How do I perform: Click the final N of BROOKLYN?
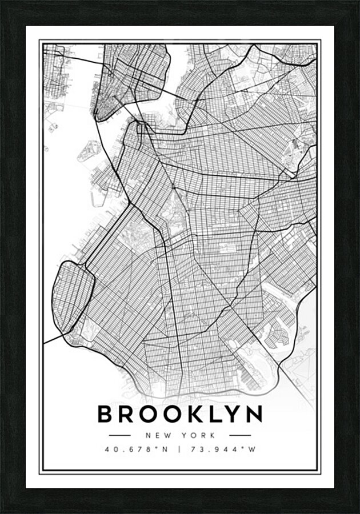coord(254,415)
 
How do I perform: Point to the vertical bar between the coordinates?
coord(180,449)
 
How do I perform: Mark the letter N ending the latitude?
coord(165,449)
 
